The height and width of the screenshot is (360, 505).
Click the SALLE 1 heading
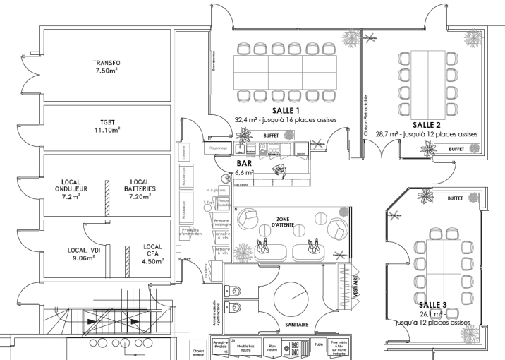click(268, 112)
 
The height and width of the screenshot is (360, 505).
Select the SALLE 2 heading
click(426, 125)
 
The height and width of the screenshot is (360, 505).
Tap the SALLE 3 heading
click(431, 304)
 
